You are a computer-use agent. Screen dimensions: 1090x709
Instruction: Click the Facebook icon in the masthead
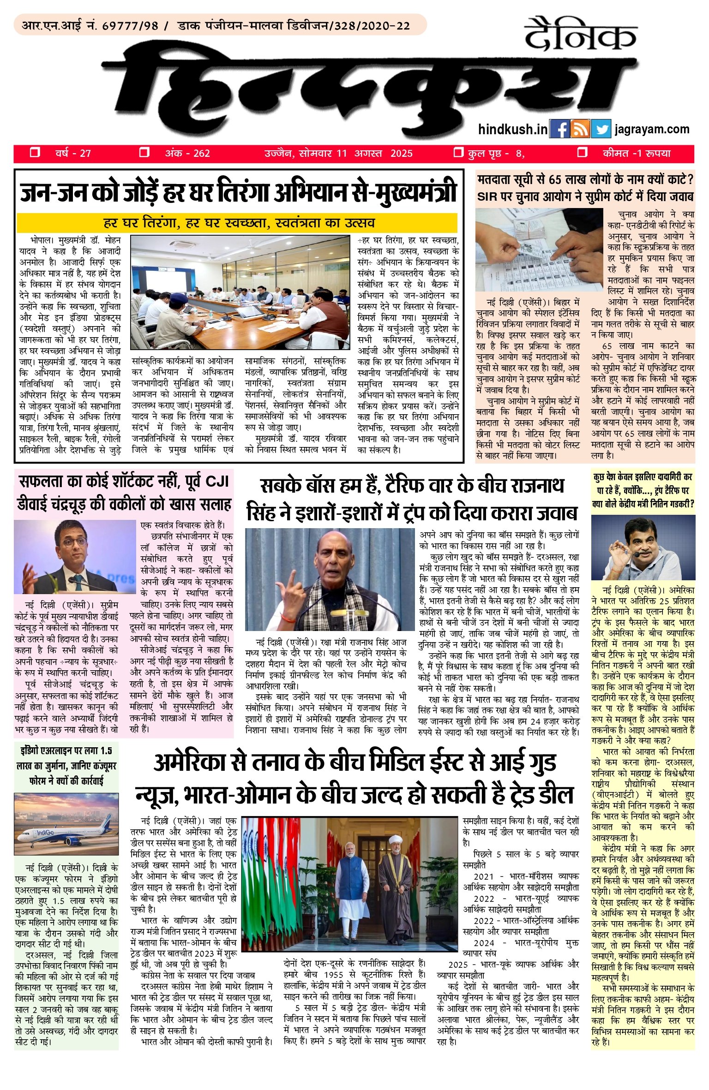coord(560,129)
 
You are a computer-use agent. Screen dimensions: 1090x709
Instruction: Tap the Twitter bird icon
coord(601,129)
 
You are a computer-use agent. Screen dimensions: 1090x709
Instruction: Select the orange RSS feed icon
coord(580,129)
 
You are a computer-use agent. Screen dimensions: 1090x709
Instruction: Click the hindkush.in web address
coord(513,130)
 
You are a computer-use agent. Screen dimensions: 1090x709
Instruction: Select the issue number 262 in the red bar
coord(202,154)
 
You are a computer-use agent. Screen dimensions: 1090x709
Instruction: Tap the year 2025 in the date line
coord(402,154)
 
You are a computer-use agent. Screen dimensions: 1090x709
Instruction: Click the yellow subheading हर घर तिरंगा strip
coord(237,223)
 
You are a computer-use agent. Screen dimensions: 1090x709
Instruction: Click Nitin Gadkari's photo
coord(643,547)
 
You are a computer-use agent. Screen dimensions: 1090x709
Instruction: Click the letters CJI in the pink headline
coord(217,482)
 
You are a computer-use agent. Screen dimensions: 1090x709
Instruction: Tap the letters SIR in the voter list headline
coord(488,197)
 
